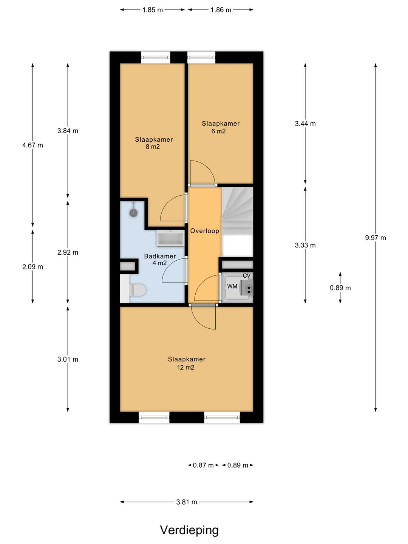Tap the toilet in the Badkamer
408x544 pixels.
137,290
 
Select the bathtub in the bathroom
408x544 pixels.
170,238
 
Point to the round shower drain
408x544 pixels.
133,213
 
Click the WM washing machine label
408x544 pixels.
232,286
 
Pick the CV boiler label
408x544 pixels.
246,276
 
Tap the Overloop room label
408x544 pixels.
205,231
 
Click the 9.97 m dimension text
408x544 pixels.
375,238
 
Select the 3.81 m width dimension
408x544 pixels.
187,502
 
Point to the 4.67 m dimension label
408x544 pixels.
32,145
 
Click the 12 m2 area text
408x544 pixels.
185,367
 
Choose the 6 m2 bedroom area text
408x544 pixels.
218,131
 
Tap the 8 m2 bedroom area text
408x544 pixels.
153,147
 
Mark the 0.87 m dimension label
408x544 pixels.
203,465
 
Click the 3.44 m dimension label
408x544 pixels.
305,124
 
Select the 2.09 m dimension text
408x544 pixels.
32,267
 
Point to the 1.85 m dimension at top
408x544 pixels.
152,10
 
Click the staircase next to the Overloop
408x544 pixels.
237,222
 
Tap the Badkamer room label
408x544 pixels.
160,256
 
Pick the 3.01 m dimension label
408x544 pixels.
68,359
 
